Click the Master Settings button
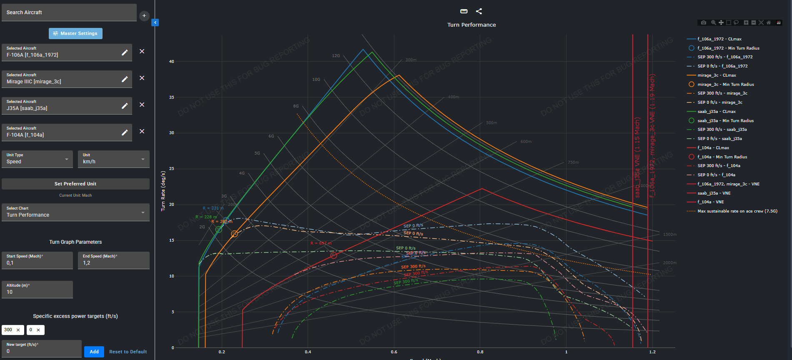coord(75,33)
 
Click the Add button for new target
coord(94,352)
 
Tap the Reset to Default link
coord(128,352)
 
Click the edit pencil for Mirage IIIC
coord(125,79)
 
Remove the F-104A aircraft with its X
coord(142,131)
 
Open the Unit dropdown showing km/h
coord(113,159)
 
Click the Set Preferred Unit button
coord(75,184)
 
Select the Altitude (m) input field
coord(37,290)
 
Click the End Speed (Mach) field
coord(113,260)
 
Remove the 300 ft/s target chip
coord(18,330)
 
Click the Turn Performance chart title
coord(471,25)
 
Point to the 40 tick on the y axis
coord(172,62)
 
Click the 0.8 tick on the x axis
coord(480,352)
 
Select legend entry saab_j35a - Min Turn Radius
coord(725,121)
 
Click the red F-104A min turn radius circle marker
coord(333,255)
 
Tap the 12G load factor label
coord(336,56)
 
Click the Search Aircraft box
coord(69,12)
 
